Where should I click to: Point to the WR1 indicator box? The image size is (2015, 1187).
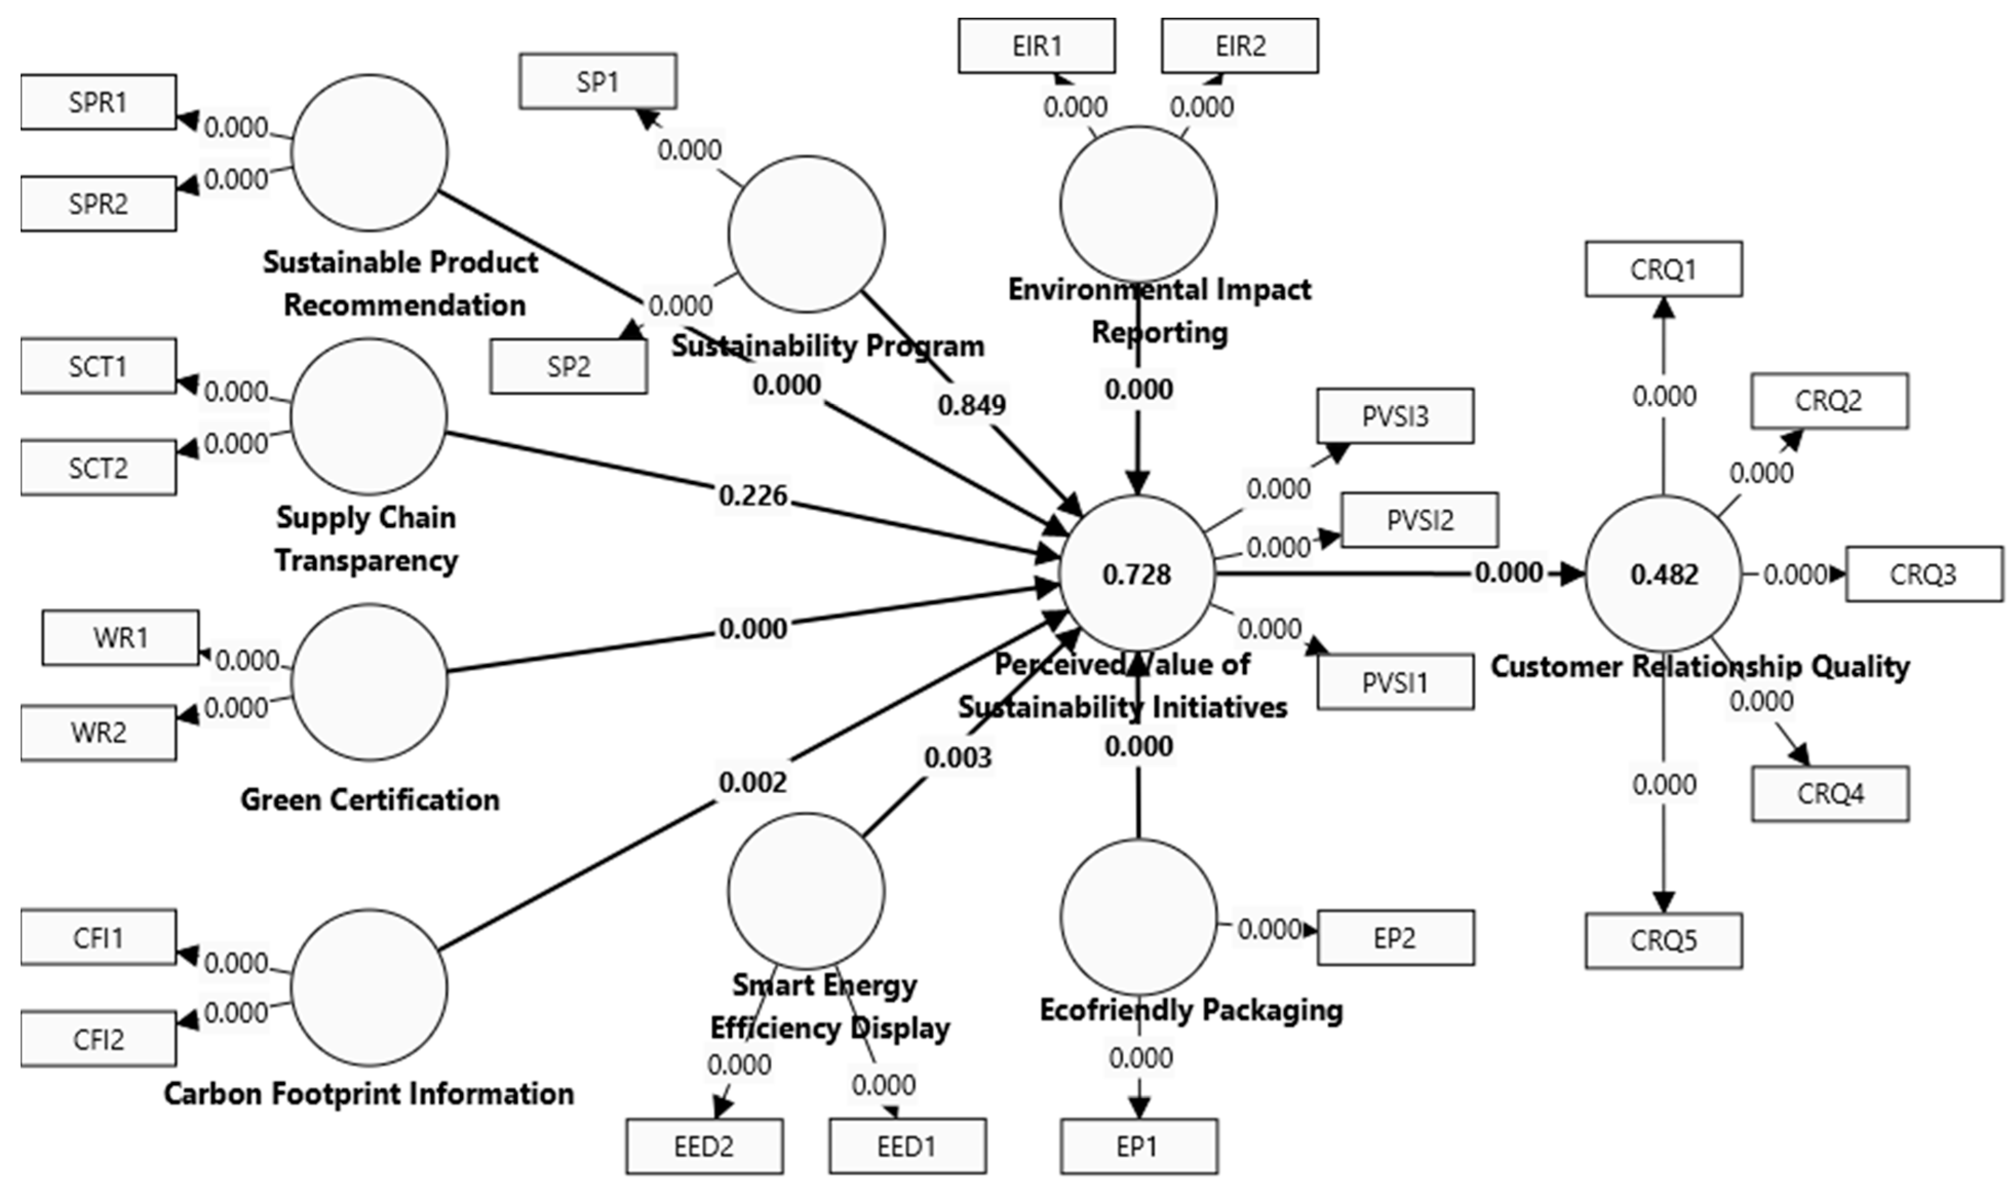coord(120,638)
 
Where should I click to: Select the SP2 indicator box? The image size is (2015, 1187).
coord(569,367)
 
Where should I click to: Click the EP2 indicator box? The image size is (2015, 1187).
coord(1395,937)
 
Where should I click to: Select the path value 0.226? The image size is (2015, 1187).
coord(753,496)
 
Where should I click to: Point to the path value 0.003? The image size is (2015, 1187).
coord(958,757)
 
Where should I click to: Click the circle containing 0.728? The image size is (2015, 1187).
coord(1137,573)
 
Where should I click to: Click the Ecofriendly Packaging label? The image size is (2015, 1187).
coord(1190,1010)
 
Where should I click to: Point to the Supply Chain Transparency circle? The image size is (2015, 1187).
coord(368,416)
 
